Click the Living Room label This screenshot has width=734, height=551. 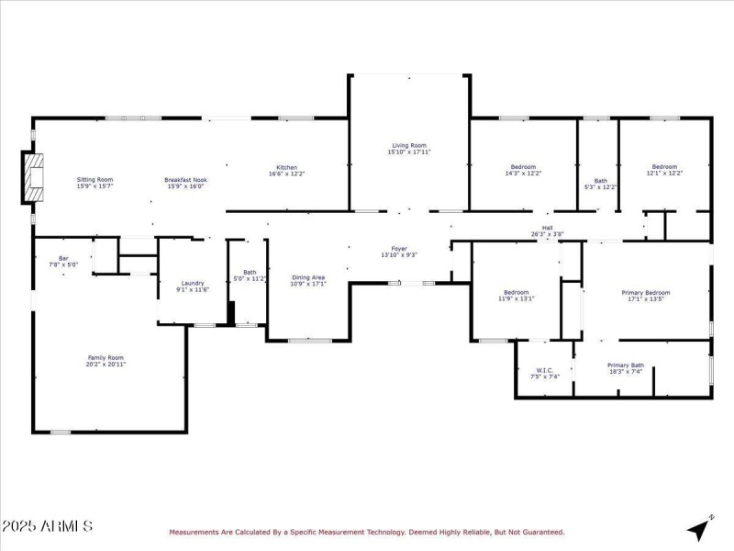pyautogui.click(x=410, y=145)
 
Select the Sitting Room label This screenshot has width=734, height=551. pyautogui.click(x=95, y=179)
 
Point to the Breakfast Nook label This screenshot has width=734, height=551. pyautogui.click(x=185, y=179)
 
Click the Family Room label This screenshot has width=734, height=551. pyautogui.click(x=106, y=357)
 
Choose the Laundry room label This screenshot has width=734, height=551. pyautogui.click(x=193, y=283)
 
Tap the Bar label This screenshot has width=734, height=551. pyautogui.click(x=63, y=258)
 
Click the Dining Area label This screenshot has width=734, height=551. pyautogui.click(x=308, y=276)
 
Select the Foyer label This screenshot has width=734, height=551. pyautogui.click(x=399, y=248)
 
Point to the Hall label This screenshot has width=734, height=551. pyautogui.click(x=547, y=227)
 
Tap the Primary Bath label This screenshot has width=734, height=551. pyautogui.click(x=627, y=365)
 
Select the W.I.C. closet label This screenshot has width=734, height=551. pyautogui.click(x=544, y=370)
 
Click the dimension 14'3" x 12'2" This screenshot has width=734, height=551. pyautogui.click(x=523, y=174)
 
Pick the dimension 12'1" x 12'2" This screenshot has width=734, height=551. pyautogui.click(x=664, y=174)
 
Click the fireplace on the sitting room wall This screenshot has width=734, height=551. pyautogui.click(x=34, y=177)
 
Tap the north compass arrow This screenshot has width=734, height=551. pyautogui.click(x=699, y=528)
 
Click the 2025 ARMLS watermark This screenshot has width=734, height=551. pyautogui.click(x=47, y=526)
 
